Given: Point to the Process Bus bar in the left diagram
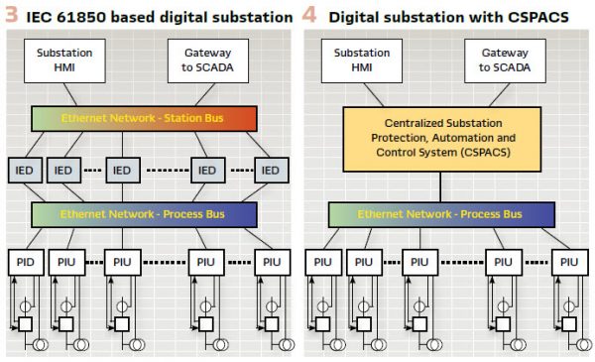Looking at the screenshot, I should point(145,214).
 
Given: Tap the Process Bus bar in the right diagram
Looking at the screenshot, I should point(440,214).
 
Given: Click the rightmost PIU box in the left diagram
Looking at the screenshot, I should point(272,263).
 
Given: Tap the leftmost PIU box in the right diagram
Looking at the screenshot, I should point(322,263).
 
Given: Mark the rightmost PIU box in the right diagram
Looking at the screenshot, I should point(568,263).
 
